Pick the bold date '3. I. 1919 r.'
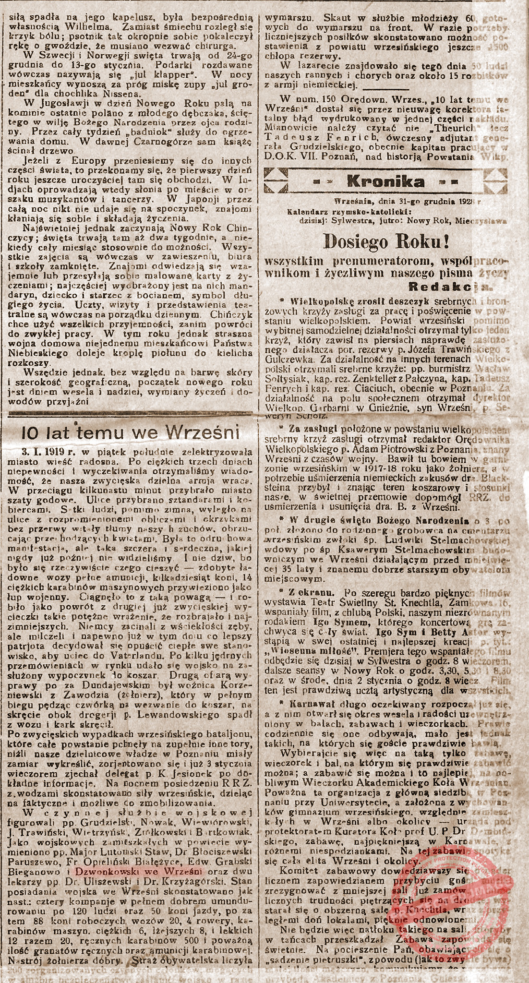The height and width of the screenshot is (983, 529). pyautogui.click(x=48, y=452)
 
